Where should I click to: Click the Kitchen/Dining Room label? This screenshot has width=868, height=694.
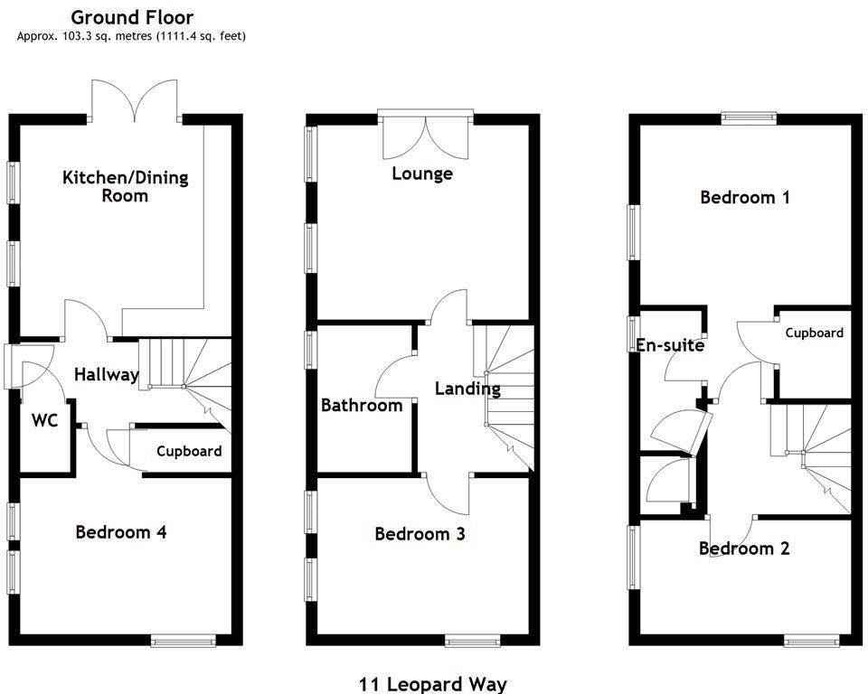pyautogui.click(x=125, y=185)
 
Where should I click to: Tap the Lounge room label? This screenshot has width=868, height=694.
pyautogui.click(x=421, y=173)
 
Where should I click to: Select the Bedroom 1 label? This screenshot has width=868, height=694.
pyautogui.click(x=745, y=197)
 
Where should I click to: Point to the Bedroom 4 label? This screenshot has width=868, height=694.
pyautogui.click(x=120, y=531)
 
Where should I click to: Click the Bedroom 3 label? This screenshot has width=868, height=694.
pyautogui.click(x=420, y=534)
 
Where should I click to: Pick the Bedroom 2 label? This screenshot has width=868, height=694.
pyautogui.click(x=744, y=549)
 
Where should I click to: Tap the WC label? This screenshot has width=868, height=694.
pyautogui.click(x=45, y=420)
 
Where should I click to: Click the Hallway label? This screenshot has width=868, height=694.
pyautogui.click(x=107, y=374)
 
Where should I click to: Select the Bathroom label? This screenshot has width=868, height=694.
pyautogui.click(x=362, y=406)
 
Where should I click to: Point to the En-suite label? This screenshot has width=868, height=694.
pyautogui.click(x=670, y=344)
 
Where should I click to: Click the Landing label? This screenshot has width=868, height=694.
pyautogui.click(x=467, y=389)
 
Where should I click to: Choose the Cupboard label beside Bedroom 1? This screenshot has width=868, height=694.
pyautogui.click(x=814, y=333)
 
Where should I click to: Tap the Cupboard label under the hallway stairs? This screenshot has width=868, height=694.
pyautogui.click(x=189, y=451)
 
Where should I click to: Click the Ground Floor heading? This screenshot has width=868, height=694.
pyautogui.click(x=132, y=17)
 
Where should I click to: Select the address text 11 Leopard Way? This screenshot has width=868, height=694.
pyautogui.click(x=433, y=684)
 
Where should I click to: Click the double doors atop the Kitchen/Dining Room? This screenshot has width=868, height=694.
pyautogui.click(x=135, y=101)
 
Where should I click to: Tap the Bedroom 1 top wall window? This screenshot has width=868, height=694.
pyautogui.click(x=749, y=116)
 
